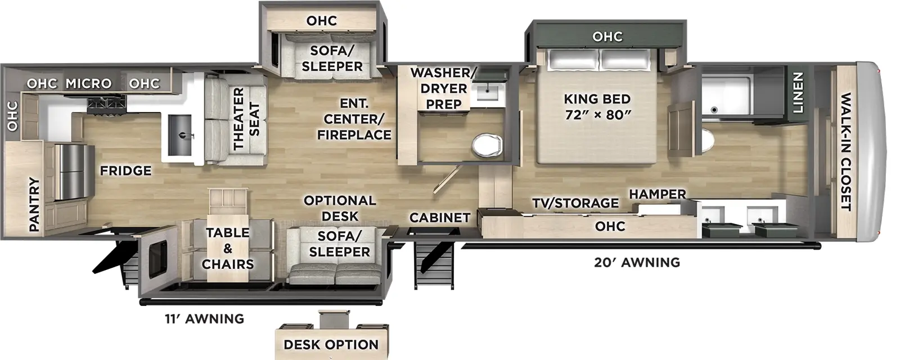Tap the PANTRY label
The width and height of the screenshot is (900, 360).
point(35,204)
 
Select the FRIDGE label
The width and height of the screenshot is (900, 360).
point(125,170)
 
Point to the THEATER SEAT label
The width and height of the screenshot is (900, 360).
point(246,119)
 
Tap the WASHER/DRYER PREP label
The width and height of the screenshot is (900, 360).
point(443,88)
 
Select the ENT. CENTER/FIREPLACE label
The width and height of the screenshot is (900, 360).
point(354,119)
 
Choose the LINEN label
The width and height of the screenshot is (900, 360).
point(798,93)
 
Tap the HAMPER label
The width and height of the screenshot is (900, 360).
point(657,194)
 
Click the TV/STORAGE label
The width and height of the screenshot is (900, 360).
point(575,203)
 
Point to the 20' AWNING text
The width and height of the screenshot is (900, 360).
point(637,262)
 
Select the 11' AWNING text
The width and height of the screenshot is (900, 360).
point(204,319)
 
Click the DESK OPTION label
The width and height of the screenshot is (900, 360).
point(331,345)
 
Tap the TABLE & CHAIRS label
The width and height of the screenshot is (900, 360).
point(227,248)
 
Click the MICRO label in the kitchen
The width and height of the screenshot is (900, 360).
point(88,83)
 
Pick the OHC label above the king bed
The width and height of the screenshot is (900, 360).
point(607,37)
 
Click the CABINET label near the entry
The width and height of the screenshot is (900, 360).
point(439,217)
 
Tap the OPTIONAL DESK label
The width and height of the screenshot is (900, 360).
point(340,208)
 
